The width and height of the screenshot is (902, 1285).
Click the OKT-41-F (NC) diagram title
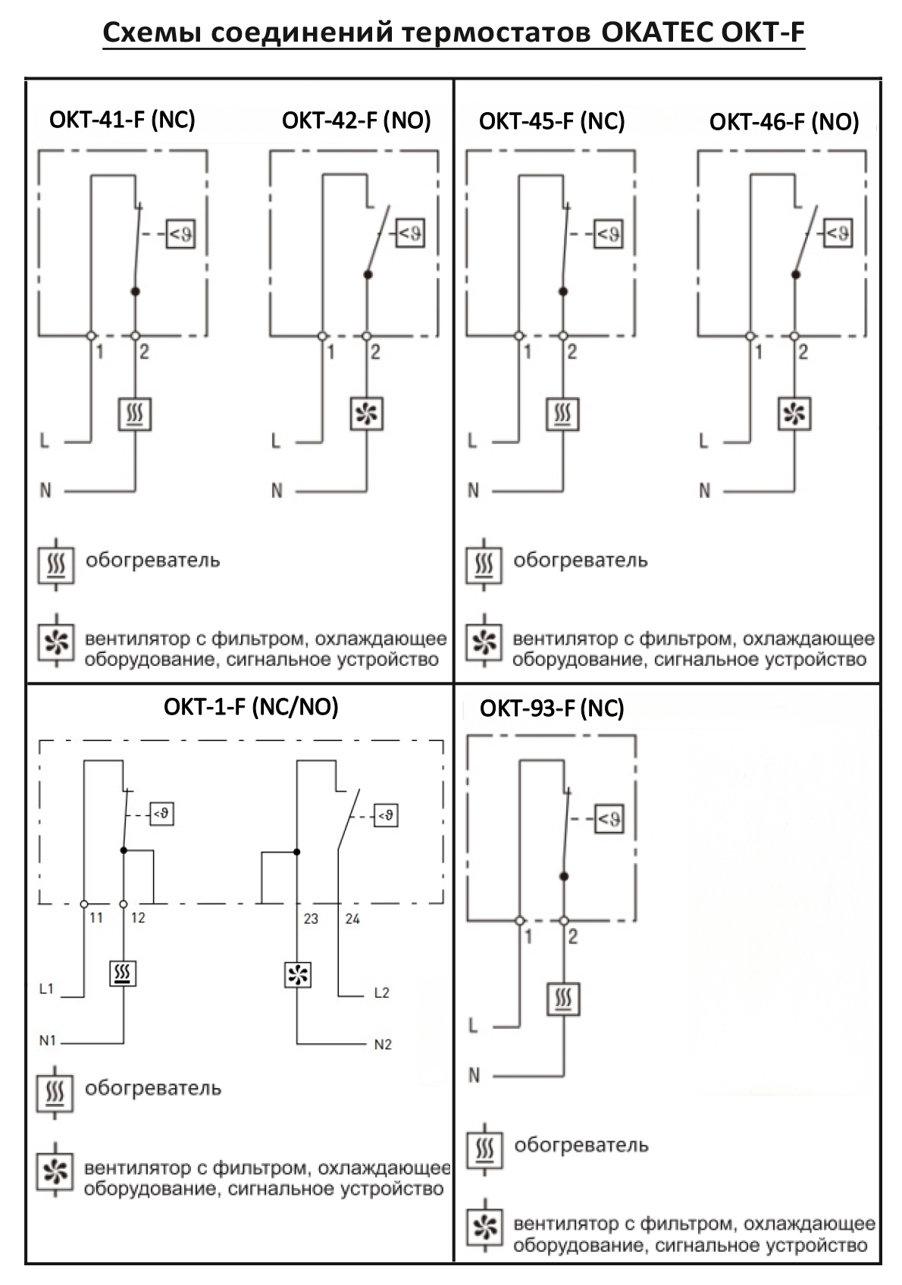point(122,120)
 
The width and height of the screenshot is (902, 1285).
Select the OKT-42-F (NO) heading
point(356,120)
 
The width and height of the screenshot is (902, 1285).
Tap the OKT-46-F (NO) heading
point(784,122)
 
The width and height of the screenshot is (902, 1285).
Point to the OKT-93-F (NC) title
point(551,708)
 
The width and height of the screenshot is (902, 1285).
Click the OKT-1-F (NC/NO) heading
point(251,707)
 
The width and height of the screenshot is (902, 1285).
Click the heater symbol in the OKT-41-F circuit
point(135,414)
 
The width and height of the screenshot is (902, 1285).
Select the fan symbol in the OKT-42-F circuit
point(367,414)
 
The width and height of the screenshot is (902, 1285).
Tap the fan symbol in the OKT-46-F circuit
point(794,414)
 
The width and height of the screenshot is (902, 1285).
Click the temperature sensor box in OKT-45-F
point(609,233)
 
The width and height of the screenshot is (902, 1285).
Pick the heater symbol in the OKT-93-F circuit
point(563,999)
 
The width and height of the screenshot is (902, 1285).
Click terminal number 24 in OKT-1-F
point(352,919)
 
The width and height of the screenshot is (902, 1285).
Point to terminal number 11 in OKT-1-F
point(96,918)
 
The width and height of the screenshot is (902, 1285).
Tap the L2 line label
point(381,993)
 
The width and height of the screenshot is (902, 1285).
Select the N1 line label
point(48,1040)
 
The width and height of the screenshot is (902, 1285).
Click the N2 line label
point(383,1044)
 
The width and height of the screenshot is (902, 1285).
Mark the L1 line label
point(46,989)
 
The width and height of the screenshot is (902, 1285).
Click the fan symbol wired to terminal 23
point(298,974)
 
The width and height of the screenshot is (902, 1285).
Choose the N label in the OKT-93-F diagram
point(474,1075)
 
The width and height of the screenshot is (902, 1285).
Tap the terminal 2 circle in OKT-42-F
point(367,336)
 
